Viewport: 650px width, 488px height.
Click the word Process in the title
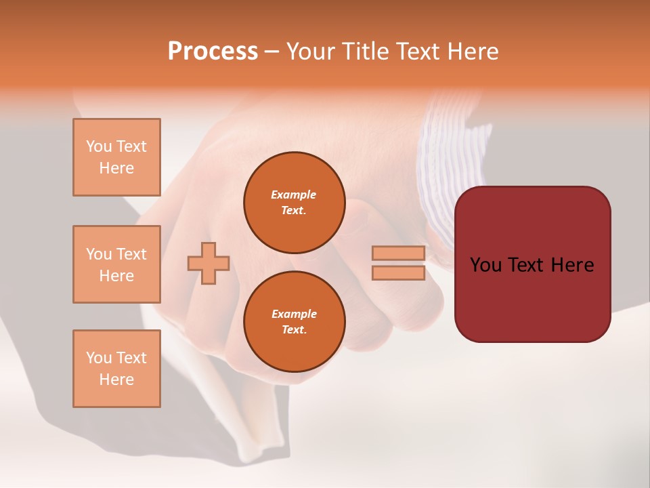click(x=213, y=52)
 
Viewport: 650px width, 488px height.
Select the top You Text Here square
click(x=116, y=157)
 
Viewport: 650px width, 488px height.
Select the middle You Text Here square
click(x=116, y=264)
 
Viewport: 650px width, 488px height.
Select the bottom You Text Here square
click(x=116, y=369)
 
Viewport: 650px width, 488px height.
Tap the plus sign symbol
click(x=209, y=263)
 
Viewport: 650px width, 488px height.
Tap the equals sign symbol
click(x=399, y=263)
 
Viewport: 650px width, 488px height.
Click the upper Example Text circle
click(x=294, y=203)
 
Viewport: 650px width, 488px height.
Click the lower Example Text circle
click(x=294, y=322)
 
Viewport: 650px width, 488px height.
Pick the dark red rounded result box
click(x=532, y=264)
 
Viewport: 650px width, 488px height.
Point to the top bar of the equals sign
click(x=399, y=253)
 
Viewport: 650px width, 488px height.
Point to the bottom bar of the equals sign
click(x=399, y=273)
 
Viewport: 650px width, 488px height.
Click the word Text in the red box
click(x=530, y=265)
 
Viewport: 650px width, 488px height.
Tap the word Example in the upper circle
click(x=294, y=195)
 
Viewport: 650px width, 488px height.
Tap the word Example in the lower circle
click(x=294, y=314)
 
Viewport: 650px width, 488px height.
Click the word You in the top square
click(x=99, y=146)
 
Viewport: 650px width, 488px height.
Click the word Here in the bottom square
click(x=116, y=380)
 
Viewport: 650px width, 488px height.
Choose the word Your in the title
click(x=311, y=52)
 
